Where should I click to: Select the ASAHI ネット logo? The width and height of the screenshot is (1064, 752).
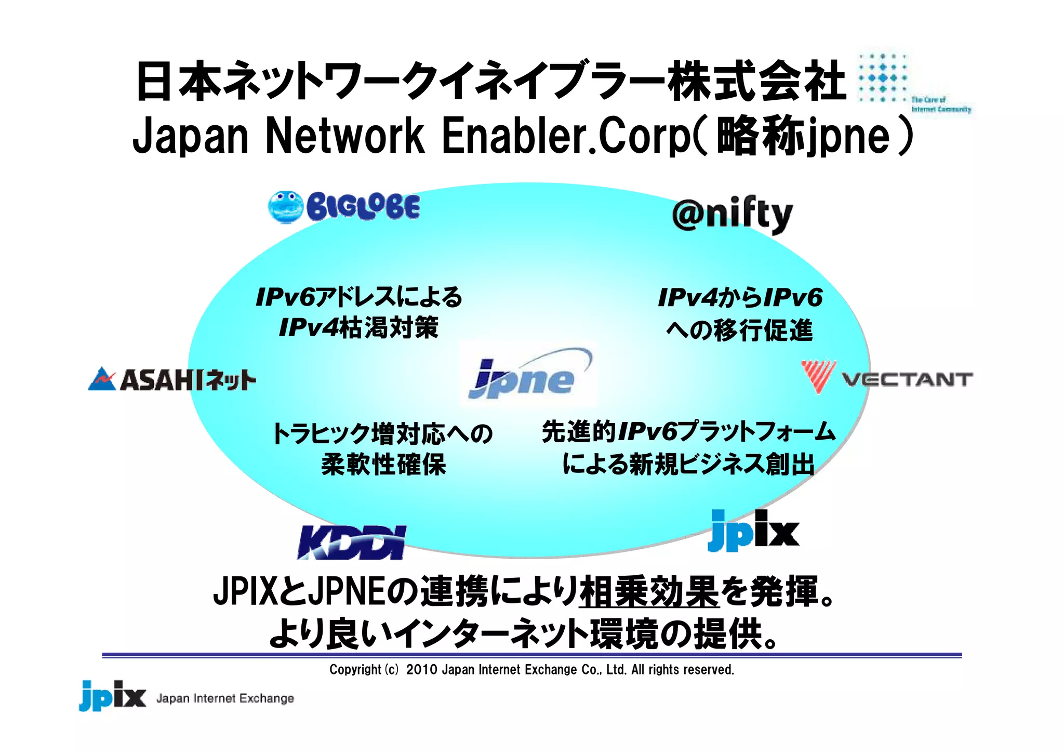pos(172,379)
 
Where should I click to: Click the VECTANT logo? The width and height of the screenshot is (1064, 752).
pos(886,378)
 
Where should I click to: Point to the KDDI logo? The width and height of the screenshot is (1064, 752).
pos(351,542)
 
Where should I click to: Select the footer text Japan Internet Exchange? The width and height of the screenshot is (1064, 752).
pos(225,698)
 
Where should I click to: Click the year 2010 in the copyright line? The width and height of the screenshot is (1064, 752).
pos(421,669)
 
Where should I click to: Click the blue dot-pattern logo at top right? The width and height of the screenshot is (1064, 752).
pos(883,78)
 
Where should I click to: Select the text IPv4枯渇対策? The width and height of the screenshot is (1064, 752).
pos(358,327)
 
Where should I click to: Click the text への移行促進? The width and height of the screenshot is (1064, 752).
pos(739,331)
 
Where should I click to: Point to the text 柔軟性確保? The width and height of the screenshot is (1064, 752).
pos(383,464)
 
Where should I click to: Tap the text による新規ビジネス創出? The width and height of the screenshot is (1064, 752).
pos(688,464)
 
